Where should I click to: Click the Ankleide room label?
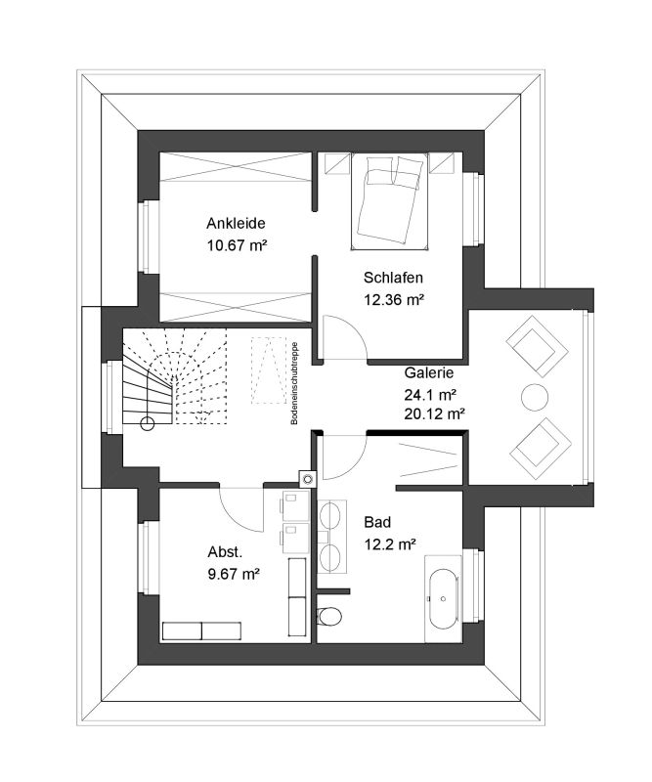[x=236, y=224]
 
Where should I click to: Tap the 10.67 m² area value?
[x=237, y=245]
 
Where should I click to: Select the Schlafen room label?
[x=393, y=278]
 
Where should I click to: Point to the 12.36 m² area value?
[x=394, y=300]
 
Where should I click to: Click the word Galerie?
[x=428, y=372]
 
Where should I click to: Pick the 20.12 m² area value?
[x=434, y=413]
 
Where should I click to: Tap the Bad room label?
[x=377, y=522]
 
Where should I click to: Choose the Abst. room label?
[x=225, y=552]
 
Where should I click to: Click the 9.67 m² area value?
[x=234, y=574]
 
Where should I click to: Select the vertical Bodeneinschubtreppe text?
[x=294, y=383]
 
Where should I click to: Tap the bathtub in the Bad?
[x=442, y=597]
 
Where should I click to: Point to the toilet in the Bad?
[x=329, y=616]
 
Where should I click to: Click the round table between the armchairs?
[x=535, y=398]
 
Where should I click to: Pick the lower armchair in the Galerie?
[x=540, y=449]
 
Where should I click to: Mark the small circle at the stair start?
[x=148, y=424]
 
